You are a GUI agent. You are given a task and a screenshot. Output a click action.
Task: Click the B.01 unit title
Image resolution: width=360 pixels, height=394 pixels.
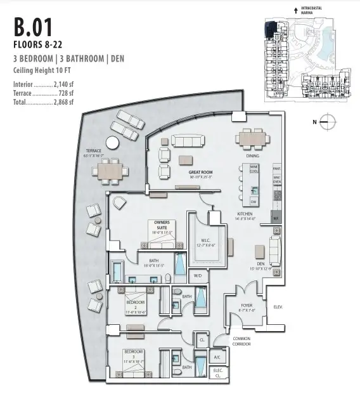[x=34, y=27]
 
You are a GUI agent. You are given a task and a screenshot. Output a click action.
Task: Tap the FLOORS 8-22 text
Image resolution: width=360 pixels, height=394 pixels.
[x=39, y=44]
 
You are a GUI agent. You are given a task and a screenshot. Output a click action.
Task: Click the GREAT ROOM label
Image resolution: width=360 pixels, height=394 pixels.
[x=200, y=172]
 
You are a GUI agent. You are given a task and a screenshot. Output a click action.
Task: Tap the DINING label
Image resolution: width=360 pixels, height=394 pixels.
[x=253, y=155]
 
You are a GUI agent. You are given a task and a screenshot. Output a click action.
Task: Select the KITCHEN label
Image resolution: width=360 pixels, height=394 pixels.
[x=245, y=214]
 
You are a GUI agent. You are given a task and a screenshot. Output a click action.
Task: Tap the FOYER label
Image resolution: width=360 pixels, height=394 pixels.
[x=247, y=305]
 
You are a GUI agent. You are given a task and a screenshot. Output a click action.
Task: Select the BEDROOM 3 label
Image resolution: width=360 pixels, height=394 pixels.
[x=134, y=353]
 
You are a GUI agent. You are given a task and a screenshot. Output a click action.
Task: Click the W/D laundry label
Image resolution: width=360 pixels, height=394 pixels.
[x=197, y=275]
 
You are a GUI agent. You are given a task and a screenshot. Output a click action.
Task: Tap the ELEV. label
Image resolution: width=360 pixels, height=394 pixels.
[x=278, y=306]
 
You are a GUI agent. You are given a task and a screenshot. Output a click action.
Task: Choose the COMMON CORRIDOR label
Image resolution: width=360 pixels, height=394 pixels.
[x=242, y=341]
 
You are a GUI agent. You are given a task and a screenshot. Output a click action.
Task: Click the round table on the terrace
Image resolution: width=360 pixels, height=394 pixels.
[x=112, y=142]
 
